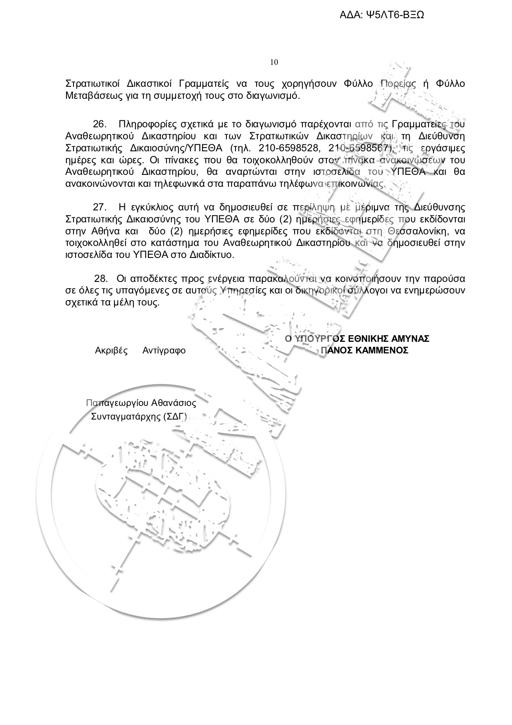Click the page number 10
(x=274, y=62)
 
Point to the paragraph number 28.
(x=101, y=278)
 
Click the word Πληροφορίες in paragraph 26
(x=143, y=124)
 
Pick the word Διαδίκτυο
(x=212, y=255)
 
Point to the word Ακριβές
(x=111, y=351)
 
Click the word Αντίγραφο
(x=164, y=351)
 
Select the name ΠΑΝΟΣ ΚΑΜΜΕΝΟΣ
(x=364, y=351)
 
